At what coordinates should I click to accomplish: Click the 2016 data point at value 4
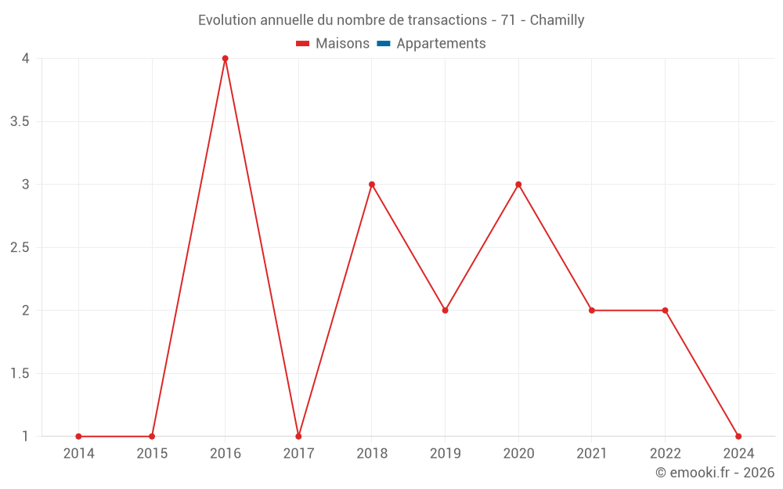(x=225, y=59)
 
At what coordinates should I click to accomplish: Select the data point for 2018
(x=372, y=185)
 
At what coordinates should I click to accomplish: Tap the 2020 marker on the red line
(x=518, y=185)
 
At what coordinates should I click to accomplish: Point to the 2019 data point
(x=445, y=311)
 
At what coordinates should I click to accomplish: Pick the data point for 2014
(x=78, y=437)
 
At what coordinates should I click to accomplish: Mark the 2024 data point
(x=738, y=437)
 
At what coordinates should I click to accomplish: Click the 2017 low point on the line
(x=298, y=437)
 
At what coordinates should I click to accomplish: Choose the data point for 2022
(x=665, y=311)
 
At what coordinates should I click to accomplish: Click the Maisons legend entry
(x=342, y=44)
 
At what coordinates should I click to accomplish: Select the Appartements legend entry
(x=441, y=44)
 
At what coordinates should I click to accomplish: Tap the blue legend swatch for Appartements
(x=383, y=44)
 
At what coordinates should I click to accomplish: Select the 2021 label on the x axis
(x=592, y=453)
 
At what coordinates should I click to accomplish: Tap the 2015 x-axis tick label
(x=152, y=453)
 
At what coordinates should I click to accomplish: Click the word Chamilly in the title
(x=557, y=20)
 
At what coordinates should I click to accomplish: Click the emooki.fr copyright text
(x=715, y=473)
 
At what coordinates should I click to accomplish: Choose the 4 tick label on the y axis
(x=26, y=59)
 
